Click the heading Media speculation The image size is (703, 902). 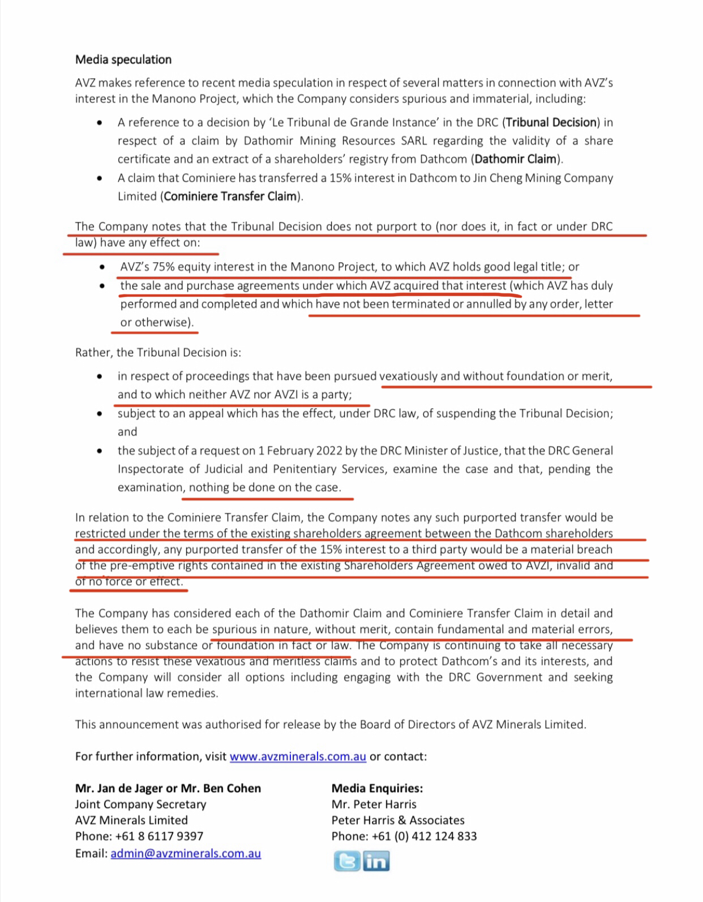(x=123, y=59)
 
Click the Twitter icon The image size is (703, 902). (x=346, y=861)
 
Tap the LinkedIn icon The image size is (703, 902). (x=376, y=861)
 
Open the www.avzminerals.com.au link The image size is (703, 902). (x=298, y=756)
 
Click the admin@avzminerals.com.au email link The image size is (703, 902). (x=186, y=853)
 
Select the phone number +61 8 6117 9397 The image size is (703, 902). (x=159, y=836)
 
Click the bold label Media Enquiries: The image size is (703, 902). (x=377, y=788)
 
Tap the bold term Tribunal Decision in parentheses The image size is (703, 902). (x=551, y=122)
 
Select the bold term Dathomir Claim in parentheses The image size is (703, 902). (x=515, y=159)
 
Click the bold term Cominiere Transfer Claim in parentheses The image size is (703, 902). (x=230, y=196)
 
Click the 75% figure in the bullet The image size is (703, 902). (x=164, y=267)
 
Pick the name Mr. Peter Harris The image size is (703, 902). (x=374, y=804)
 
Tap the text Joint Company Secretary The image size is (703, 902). (x=140, y=804)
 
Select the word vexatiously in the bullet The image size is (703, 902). (x=408, y=376)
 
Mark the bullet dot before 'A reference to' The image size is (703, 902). (x=100, y=123)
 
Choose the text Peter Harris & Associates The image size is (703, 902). (x=398, y=820)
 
